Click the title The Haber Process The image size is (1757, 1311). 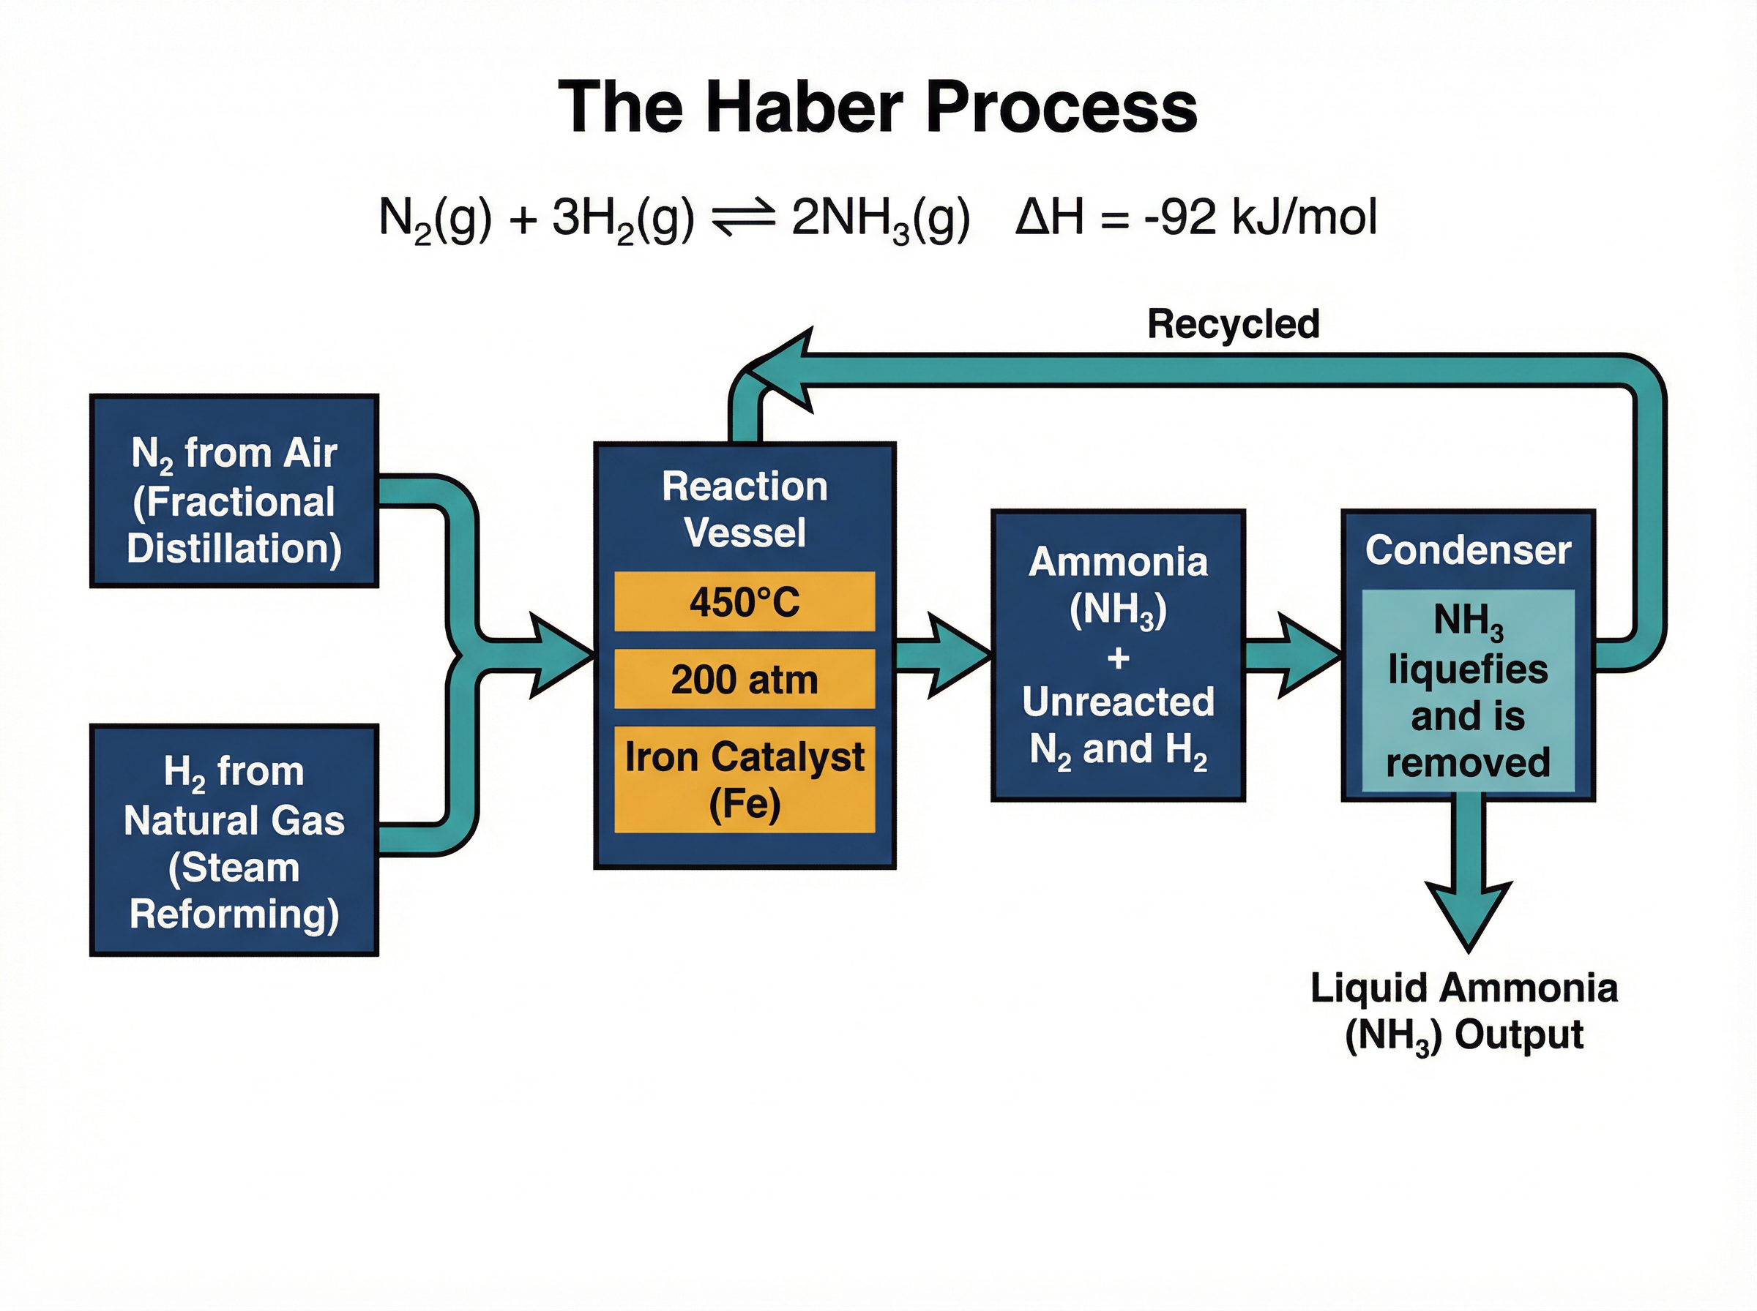coord(877,107)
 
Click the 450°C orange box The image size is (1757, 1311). coord(744,601)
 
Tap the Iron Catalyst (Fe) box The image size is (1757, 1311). coord(744,779)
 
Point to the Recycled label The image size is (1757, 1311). coord(1233,324)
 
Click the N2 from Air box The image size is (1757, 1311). coord(234,491)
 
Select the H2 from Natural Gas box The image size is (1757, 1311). coord(234,841)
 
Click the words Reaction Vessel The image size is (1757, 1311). coord(744,508)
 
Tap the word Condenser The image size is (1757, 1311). coord(1467,550)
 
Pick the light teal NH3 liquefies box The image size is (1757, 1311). coord(1467,691)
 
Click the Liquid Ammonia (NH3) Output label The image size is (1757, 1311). coord(1463,1011)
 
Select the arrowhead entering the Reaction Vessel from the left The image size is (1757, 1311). coord(560,655)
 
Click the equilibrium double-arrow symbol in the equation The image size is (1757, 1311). coord(743,217)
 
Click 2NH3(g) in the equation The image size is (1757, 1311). coord(880,217)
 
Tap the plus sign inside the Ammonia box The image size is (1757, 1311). coord(1118,657)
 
